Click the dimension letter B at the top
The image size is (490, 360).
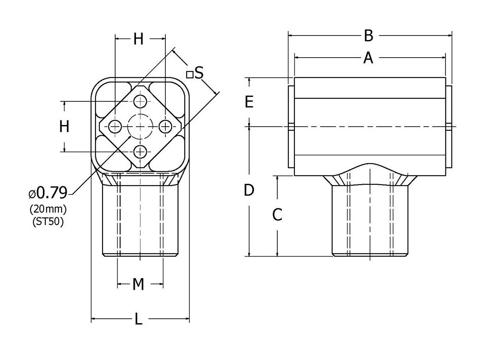(368, 36)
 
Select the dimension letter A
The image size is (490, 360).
(368, 58)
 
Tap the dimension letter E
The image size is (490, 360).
(249, 102)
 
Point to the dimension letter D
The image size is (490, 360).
(249, 190)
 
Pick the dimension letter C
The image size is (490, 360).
(277, 215)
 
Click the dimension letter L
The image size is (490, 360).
(139, 319)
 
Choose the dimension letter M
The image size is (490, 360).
(139, 284)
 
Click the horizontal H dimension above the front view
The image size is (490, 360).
(139, 40)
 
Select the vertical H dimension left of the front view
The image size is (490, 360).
(64, 127)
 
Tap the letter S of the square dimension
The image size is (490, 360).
(199, 73)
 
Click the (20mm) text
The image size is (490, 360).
(48, 209)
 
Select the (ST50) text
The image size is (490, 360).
(48, 222)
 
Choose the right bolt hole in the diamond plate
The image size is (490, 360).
(165, 127)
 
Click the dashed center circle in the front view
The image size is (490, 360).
(140, 127)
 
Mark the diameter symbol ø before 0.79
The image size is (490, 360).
(32, 192)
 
